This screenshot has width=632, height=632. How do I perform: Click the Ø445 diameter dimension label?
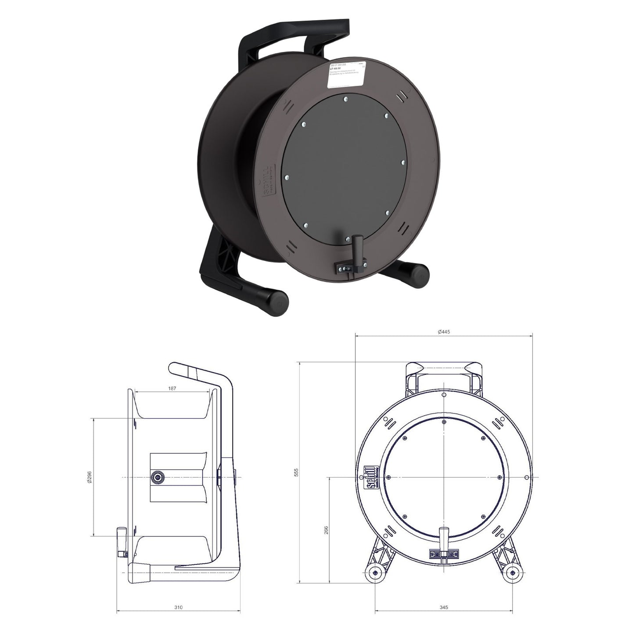click(444, 332)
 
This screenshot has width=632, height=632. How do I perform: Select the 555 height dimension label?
click(296, 472)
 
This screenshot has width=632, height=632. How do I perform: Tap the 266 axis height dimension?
click(325, 530)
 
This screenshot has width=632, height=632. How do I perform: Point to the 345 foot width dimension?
click(444, 607)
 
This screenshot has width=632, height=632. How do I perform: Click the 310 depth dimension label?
click(178, 607)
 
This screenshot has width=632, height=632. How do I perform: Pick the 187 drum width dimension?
click(172, 388)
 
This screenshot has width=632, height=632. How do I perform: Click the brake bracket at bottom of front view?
click(444, 554)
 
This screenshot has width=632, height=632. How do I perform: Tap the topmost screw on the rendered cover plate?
click(346, 99)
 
